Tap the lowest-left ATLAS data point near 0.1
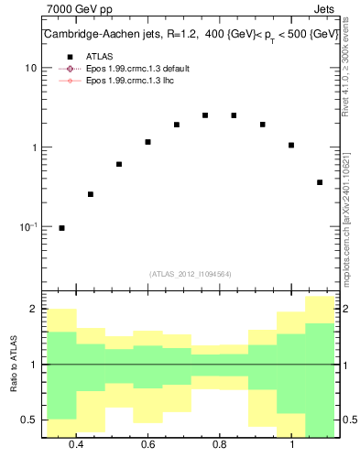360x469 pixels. coord(61,228)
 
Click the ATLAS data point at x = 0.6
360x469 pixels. coord(147,142)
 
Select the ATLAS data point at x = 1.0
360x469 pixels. coord(291,145)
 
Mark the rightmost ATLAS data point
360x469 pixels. coord(320,182)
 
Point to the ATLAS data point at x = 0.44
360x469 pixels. coord(91,194)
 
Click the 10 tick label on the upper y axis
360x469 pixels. coord(30,69)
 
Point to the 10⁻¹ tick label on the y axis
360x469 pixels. coord(27,226)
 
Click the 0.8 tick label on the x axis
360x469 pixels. coord(220,445)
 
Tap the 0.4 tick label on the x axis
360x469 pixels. coord(76,445)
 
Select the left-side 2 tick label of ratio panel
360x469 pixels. coord(34,310)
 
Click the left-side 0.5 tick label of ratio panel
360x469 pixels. coord(29,420)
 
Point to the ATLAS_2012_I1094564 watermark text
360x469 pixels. coord(190,273)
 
